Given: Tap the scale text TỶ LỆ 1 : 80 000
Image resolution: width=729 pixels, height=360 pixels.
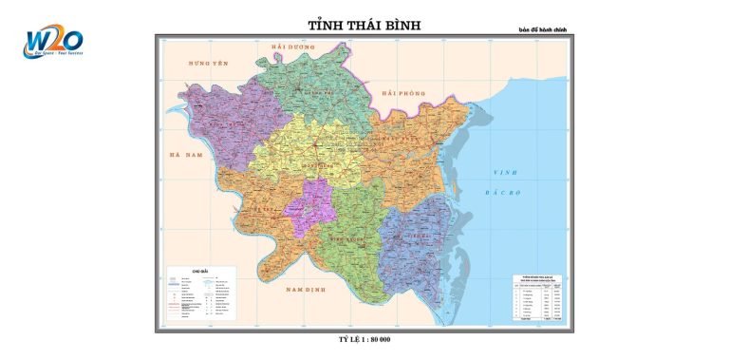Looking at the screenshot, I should tap(364, 339).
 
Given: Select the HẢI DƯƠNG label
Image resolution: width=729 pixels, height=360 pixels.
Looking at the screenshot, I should tap(291, 46).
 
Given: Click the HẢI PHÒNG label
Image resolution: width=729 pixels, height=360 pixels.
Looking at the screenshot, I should tap(403, 93).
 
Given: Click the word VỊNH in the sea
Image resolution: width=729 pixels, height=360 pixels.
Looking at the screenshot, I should tap(504, 172).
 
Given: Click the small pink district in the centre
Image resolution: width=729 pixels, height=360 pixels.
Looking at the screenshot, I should tap(310, 207).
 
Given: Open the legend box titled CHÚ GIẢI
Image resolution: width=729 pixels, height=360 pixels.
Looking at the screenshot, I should tap(204, 294).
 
